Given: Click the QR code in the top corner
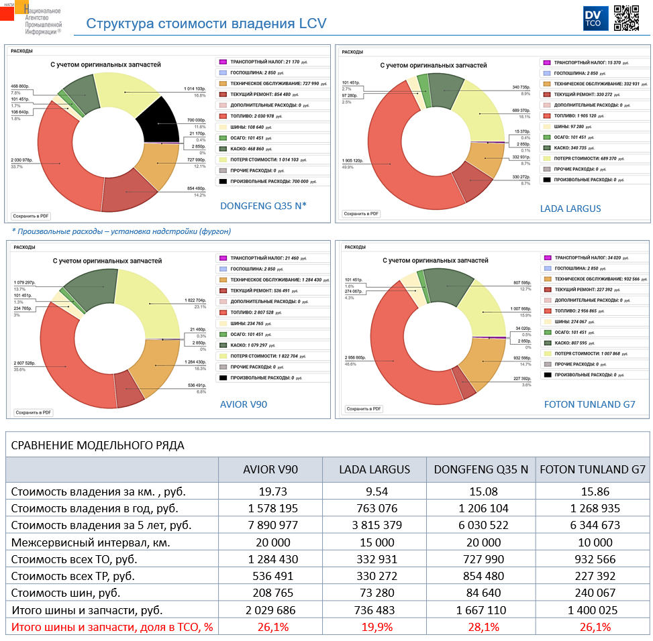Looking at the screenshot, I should tap(627, 18).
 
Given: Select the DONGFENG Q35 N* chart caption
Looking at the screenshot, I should tap(263, 206).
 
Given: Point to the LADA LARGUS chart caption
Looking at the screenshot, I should tap(570, 209).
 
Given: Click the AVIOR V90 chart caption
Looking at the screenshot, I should tap(244, 404).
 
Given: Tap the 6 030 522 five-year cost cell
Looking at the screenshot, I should tap(481, 525).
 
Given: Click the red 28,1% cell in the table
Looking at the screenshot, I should tap(481, 628).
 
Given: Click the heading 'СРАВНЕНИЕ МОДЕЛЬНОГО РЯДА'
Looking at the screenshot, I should tap(98, 445).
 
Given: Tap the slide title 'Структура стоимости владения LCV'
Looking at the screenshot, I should tap(206, 24).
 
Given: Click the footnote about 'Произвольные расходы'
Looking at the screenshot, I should tap(121, 231).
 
